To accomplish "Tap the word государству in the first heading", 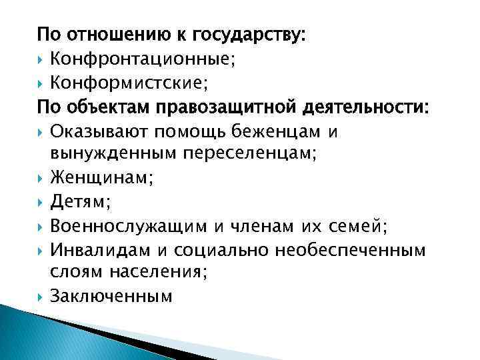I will (x=250, y=34).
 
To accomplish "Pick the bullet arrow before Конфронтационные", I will (x=41, y=59).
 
